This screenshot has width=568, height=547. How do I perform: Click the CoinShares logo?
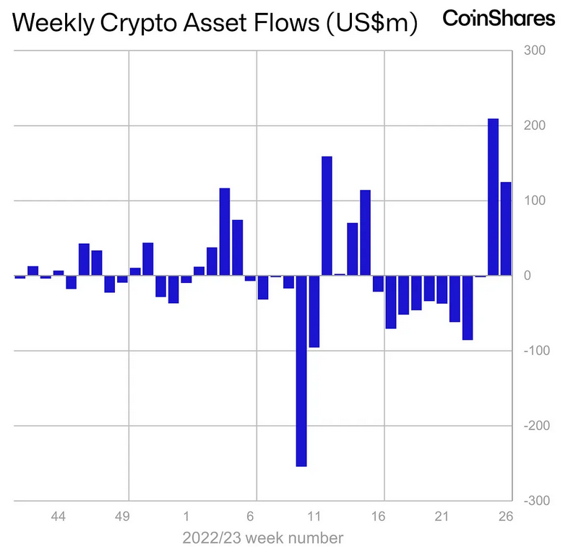pyautogui.click(x=499, y=18)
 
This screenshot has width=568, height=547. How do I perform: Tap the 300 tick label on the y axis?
pyautogui.click(x=535, y=51)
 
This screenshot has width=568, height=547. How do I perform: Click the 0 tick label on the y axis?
pyautogui.click(x=530, y=276)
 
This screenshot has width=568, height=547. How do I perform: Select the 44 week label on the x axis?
pyautogui.click(x=59, y=517)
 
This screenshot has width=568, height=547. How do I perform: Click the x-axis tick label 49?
pyautogui.click(x=123, y=517)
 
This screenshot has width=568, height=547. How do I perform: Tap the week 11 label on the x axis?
pyautogui.click(x=314, y=517)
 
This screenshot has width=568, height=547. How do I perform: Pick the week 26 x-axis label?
pyautogui.click(x=505, y=517)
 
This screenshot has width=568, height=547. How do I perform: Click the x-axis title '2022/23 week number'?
pyautogui.click(x=263, y=538)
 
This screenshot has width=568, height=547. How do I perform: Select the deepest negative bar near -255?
pyautogui.click(x=301, y=371)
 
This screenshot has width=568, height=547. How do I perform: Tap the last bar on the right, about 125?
pyautogui.click(x=506, y=228)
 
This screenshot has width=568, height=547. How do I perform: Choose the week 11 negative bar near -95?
pyautogui.click(x=314, y=311)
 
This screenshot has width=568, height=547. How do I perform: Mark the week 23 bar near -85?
pyautogui.click(x=468, y=307)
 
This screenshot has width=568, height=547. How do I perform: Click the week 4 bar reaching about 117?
pyautogui.click(x=225, y=231)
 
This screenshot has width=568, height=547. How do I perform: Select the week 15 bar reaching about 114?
pyautogui.click(x=365, y=232)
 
